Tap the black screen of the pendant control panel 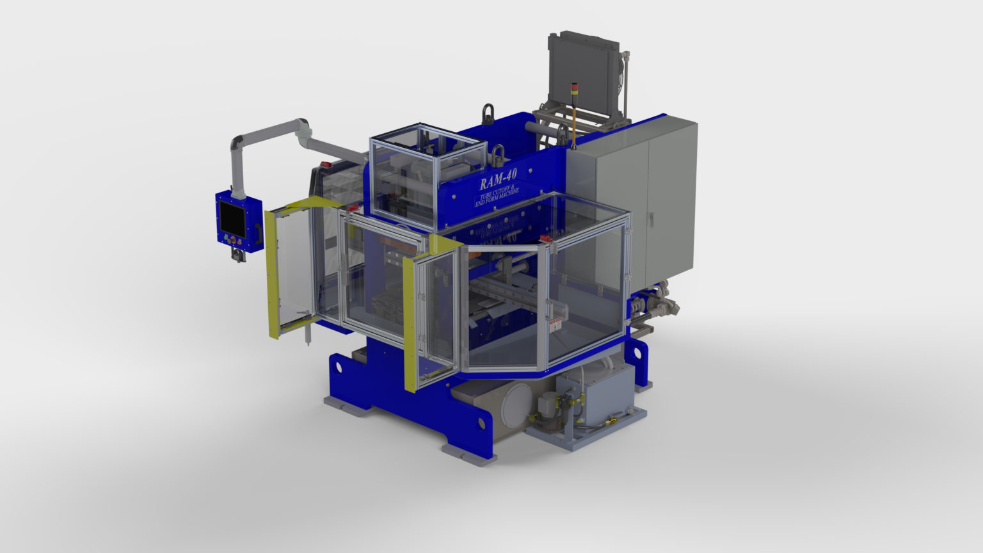click(231, 216)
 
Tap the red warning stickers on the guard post click(554, 323)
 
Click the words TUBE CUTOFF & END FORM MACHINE click(497, 195)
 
